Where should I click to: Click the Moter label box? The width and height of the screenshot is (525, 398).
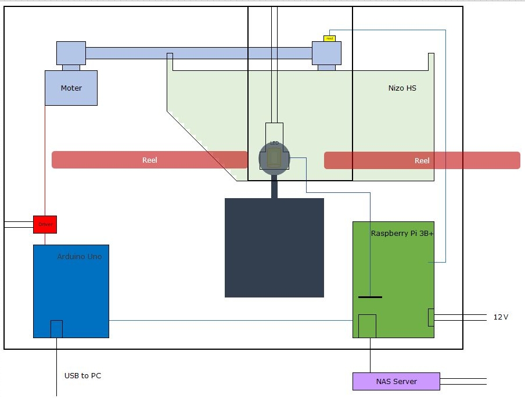(71, 88)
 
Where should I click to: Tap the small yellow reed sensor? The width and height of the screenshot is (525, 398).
(329, 38)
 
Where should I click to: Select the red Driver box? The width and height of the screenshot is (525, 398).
(45, 224)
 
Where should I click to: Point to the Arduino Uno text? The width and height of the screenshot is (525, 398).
(80, 256)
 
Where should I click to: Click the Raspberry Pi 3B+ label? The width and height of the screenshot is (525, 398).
(402, 234)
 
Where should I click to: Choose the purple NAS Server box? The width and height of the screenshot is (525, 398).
(396, 381)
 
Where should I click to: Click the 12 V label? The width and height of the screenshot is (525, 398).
(501, 317)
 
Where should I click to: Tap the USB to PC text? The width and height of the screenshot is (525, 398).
(82, 376)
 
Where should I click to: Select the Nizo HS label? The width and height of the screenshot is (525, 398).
(402, 88)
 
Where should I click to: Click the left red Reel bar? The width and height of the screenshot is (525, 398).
(150, 160)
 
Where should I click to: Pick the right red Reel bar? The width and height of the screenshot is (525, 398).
(422, 160)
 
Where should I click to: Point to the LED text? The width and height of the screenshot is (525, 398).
(274, 143)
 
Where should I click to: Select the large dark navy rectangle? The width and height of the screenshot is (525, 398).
(274, 248)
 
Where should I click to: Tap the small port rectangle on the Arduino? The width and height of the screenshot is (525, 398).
(56, 328)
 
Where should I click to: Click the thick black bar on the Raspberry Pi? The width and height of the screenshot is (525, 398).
(370, 297)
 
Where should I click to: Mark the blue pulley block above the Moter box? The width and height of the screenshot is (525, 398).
(71, 53)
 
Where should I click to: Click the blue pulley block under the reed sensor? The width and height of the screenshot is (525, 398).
(326, 53)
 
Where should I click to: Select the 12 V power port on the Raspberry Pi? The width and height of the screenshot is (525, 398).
(430, 317)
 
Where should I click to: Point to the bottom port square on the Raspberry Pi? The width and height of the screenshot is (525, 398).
(367, 325)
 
